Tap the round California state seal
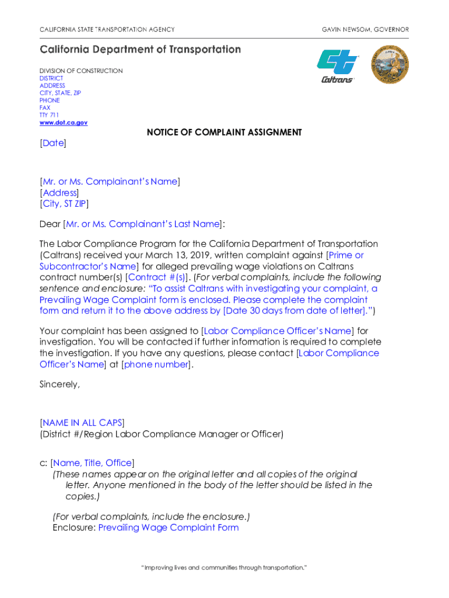390,64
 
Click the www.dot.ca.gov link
63,123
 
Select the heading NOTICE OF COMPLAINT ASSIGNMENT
224,133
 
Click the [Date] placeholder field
52,142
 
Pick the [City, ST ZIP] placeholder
64,204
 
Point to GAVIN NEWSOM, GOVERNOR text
365,29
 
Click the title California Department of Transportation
140,50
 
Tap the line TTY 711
49,115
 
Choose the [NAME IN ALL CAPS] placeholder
82,423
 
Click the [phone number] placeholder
156,364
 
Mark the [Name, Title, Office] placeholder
93,463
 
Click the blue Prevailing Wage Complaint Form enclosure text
169,527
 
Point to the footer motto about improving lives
224,568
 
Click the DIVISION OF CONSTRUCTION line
81,71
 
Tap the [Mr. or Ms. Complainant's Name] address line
110,182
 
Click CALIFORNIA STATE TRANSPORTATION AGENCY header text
107,29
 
